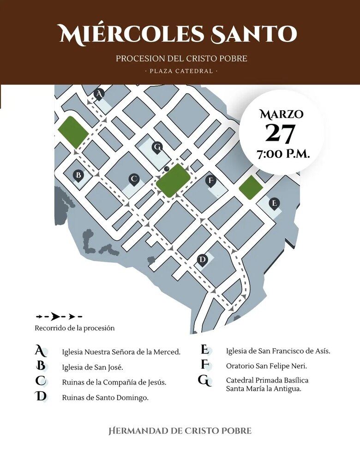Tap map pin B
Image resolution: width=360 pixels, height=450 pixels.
tap(78, 175)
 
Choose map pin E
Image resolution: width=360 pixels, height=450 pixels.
tap(275, 203)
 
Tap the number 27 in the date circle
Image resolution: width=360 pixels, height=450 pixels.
tap(280, 133)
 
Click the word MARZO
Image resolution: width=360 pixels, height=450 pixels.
tap(281, 114)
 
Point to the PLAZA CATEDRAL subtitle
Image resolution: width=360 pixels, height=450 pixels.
tap(181, 72)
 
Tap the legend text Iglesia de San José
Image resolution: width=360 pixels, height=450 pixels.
tap(92, 367)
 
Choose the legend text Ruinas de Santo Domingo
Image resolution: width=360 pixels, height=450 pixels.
tap(105, 397)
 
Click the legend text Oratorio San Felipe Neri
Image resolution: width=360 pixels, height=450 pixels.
tap(266, 366)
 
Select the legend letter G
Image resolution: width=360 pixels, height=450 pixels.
tap(204, 381)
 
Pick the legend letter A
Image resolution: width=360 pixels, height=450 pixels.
tap(41, 351)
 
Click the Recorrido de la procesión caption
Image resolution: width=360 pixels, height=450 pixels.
tap(75, 328)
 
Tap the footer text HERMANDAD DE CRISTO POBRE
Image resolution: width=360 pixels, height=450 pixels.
tap(180, 431)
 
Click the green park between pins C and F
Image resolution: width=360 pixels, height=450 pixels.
tap(173, 180)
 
